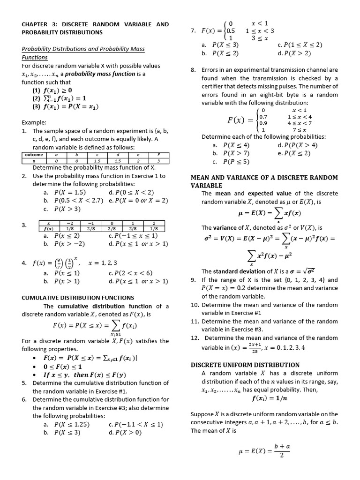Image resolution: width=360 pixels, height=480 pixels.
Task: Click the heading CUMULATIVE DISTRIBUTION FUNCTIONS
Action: point(78,298)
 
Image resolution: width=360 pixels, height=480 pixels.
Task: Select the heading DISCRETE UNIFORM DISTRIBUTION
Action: point(245,365)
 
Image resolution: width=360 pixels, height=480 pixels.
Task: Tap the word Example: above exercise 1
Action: point(34,123)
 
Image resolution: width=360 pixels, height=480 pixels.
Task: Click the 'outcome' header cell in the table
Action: point(34,155)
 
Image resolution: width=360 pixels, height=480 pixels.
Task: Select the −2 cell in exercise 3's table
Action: point(69,223)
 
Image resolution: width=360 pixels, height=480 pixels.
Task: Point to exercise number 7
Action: point(193,31)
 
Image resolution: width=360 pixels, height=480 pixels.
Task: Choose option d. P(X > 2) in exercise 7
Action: point(294,53)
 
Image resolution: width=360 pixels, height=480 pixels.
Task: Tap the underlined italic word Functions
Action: point(35,57)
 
